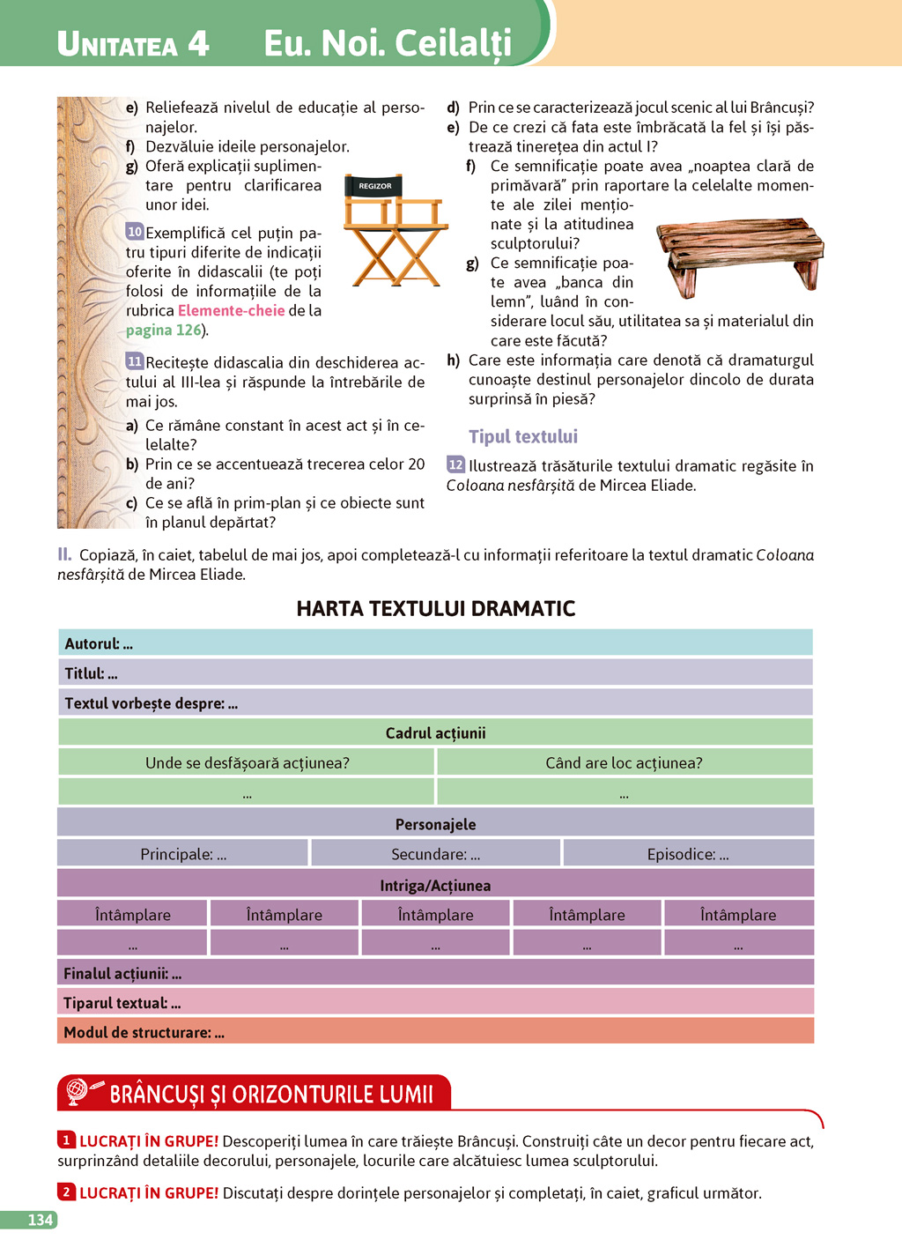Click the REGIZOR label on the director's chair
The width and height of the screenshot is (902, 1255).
tap(375, 186)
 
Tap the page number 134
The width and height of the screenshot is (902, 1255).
tap(41, 1220)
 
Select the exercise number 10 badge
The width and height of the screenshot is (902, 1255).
tap(134, 232)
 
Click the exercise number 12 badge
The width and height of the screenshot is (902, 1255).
tap(455, 464)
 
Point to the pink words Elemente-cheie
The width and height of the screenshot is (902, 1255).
tap(231, 310)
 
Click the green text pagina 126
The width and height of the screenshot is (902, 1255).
tap(164, 330)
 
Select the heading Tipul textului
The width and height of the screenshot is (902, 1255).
tap(523, 436)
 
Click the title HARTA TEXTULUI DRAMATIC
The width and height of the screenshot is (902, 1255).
tap(435, 608)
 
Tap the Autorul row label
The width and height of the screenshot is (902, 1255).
tap(98, 643)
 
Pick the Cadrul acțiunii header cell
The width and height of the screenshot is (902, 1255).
tap(435, 732)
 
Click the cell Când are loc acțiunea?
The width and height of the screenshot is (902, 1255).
tap(624, 762)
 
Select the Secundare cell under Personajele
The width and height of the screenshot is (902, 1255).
tap(435, 854)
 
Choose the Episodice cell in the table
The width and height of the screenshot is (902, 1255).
tap(687, 854)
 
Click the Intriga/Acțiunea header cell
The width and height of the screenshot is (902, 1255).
tap(435, 885)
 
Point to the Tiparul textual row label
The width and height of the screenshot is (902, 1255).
tap(122, 1003)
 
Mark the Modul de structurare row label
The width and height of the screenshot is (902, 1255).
tap(144, 1032)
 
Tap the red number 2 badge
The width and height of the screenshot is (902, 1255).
tap(66, 1192)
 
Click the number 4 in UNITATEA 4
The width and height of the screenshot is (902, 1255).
tap(198, 43)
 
